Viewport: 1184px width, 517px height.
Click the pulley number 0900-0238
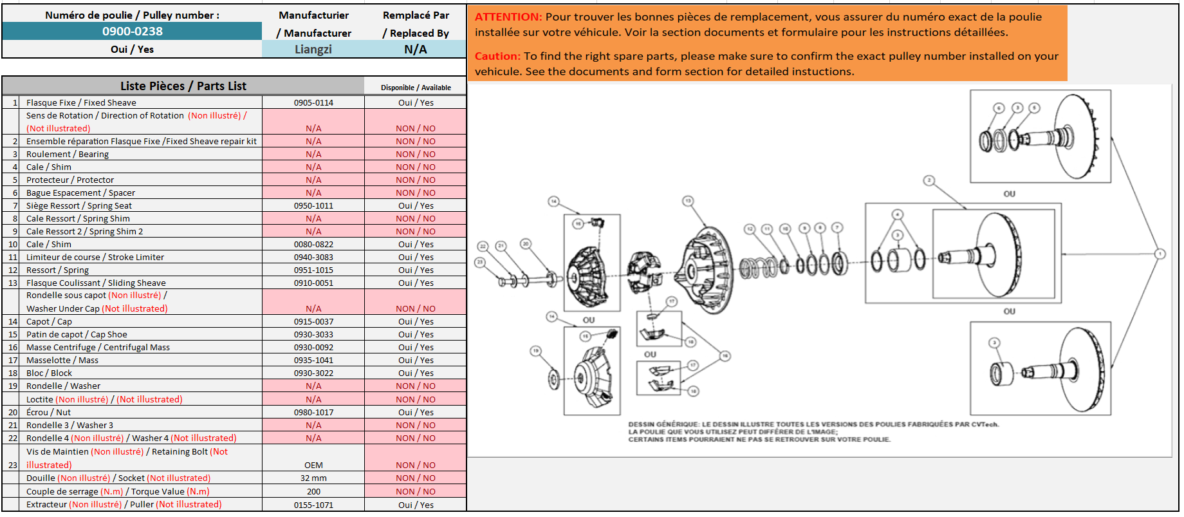click(132, 31)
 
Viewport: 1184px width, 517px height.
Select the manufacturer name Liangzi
click(313, 49)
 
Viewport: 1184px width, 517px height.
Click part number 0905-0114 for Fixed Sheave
click(313, 102)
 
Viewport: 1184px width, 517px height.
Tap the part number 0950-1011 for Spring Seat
click(313, 205)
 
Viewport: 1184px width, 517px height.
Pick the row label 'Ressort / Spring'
click(57, 270)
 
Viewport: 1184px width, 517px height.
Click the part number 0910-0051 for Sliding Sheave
click(313, 283)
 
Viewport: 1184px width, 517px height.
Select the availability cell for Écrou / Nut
click(416, 412)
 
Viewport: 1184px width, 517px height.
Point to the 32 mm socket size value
click(313, 478)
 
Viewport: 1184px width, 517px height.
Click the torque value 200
click(313, 491)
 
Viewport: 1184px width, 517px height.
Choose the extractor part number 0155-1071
click(313, 505)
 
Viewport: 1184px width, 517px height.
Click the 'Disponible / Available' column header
click(416, 88)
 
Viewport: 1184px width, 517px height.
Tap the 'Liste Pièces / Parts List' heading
click(183, 86)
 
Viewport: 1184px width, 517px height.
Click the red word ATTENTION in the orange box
click(508, 17)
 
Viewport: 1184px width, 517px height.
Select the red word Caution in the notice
click(497, 56)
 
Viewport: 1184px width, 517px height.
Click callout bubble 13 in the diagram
click(688, 201)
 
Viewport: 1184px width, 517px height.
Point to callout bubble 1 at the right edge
click(1160, 254)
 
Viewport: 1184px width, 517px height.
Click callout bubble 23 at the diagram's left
click(479, 262)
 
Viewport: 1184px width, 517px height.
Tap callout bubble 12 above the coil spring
click(750, 229)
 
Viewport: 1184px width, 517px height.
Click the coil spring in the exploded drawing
click(759, 267)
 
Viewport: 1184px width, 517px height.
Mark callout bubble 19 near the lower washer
click(535, 351)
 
